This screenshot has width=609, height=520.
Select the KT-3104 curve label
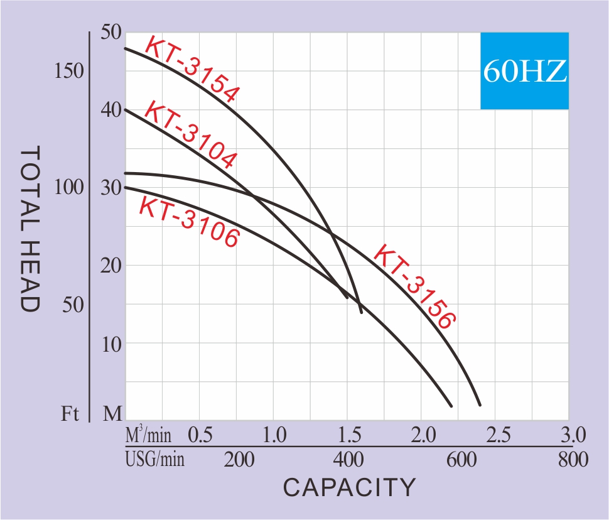[x=190, y=134]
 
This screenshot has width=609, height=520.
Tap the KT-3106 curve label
[x=188, y=222]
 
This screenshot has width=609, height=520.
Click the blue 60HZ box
[x=524, y=70]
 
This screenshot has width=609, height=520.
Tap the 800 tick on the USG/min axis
[x=573, y=460]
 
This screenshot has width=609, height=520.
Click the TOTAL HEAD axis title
[x=30, y=229]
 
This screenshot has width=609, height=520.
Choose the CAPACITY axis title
[x=349, y=487]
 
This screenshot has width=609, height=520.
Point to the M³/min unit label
[x=149, y=434]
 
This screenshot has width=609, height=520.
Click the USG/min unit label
[x=155, y=460]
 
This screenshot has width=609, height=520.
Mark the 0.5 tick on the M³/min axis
[x=200, y=435]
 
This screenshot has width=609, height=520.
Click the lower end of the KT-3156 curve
[x=480, y=404]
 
